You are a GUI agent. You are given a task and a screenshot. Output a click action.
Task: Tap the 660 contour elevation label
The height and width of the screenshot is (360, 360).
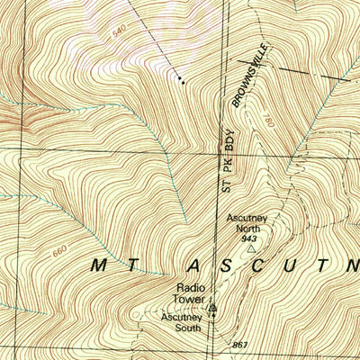(59, 251)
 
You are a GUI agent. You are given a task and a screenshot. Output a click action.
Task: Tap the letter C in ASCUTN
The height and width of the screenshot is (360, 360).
(257, 265)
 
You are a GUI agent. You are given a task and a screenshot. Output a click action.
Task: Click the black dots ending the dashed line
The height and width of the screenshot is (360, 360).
(183, 81)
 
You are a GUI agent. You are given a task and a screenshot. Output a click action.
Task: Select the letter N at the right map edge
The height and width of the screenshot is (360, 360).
(351, 265)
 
